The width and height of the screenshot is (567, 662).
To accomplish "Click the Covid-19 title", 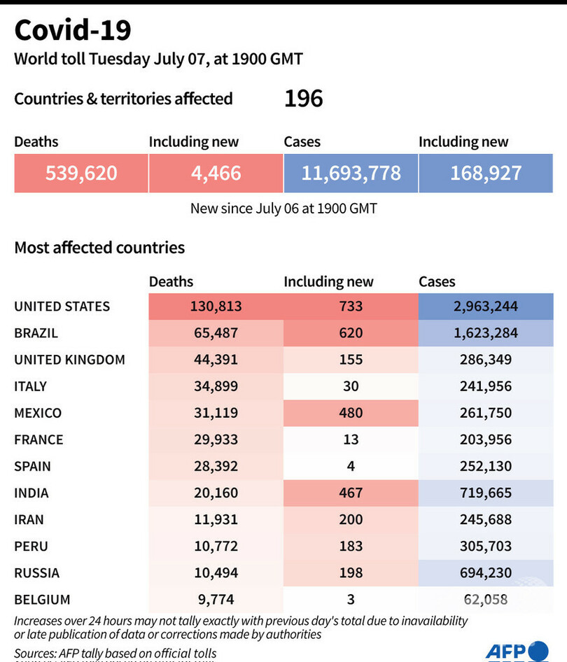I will tap(73, 31).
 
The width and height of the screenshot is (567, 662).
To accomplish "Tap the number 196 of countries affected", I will tap(303, 99).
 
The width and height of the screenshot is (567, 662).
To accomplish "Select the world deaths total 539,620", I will tap(81, 173).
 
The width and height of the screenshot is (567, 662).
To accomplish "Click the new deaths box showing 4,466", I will tap(216, 173).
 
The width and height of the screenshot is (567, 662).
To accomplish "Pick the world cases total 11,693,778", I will tap(351, 173).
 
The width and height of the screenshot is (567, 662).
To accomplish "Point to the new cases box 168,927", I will tap(486, 173).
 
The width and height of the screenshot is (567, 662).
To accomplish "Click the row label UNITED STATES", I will tap(62, 307).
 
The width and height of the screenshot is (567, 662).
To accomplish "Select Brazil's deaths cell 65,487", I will tap(215, 333).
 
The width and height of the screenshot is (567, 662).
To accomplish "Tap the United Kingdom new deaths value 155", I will tap(351, 360).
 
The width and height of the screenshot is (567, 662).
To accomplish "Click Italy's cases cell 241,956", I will tap(486, 386).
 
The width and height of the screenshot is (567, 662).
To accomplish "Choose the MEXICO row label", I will tap(38, 413).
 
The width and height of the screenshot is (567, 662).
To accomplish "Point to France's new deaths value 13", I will tap(351, 439).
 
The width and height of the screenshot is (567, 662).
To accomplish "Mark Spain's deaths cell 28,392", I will tap(215, 466).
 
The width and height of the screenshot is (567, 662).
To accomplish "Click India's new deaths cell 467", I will tap(351, 493).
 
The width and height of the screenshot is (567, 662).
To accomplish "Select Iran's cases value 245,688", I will tap(486, 519).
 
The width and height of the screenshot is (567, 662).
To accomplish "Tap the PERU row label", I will tap(31, 546).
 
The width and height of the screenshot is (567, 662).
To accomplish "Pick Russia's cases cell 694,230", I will tap(486, 572).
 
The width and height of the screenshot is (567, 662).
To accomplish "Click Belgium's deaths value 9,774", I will tap(215, 599).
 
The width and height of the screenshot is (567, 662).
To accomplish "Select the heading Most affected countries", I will tap(99, 247).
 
